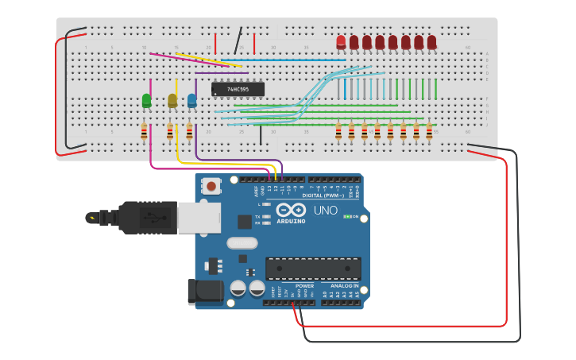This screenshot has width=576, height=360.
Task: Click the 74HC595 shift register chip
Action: pyautogui.click(x=238, y=89)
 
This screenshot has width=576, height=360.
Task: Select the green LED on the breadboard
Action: pyautogui.click(x=146, y=100)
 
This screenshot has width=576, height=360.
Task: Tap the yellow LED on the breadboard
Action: pyautogui.click(x=172, y=100)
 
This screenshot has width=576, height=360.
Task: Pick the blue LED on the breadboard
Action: pyautogui.click(x=191, y=100)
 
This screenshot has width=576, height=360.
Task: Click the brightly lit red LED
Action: pyautogui.click(x=341, y=41)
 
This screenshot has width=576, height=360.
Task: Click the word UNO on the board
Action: pyautogui.click(x=325, y=211)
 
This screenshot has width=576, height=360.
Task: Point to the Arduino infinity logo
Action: pyautogui.click(x=292, y=211)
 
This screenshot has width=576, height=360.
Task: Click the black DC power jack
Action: pyautogui.click(x=204, y=292)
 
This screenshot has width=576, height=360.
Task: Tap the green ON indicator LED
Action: pyautogui.click(x=346, y=216)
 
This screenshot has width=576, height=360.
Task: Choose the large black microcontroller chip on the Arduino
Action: pyautogui.click(x=313, y=269)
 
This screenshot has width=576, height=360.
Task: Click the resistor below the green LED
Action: pyautogui.click(x=144, y=131)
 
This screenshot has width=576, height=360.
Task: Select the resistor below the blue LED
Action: pyautogui.click(x=189, y=131)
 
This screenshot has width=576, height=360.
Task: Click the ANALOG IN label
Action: pyautogui.click(x=344, y=285)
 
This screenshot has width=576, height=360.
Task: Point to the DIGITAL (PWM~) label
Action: pyautogui.click(x=323, y=195)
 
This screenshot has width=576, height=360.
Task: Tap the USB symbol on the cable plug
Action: pyautogui.click(x=91, y=217)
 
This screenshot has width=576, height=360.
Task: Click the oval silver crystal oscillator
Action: pyautogui.click(x=242, y=243)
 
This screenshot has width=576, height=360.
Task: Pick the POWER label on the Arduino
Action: pyautogui.click(x=304, y=285)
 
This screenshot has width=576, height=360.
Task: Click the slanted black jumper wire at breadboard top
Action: pyautogui.click(x=238, y=41)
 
